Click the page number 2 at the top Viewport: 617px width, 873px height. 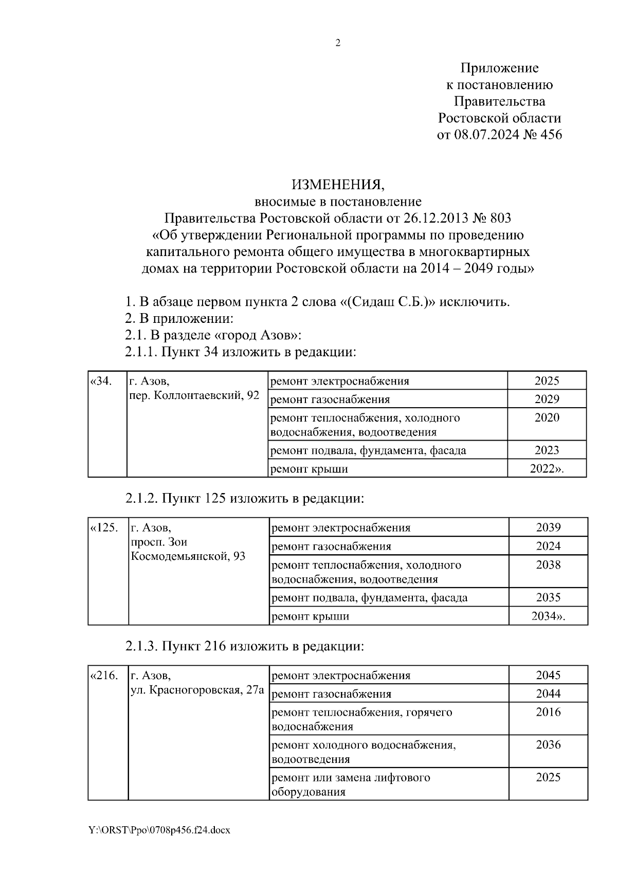338,43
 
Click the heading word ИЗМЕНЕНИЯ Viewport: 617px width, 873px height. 338,185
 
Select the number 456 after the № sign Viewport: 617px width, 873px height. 550,135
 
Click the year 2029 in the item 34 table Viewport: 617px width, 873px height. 547,399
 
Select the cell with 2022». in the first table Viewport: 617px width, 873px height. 547,469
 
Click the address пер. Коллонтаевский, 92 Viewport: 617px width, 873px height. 194,395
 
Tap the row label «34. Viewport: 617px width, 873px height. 101,381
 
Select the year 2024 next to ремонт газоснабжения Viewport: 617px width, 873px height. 548,547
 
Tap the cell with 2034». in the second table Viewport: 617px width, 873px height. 548,616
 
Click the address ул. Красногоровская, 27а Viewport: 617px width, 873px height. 197,690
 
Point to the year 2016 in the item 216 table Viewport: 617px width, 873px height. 548,713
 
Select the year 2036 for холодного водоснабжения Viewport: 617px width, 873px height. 548,745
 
